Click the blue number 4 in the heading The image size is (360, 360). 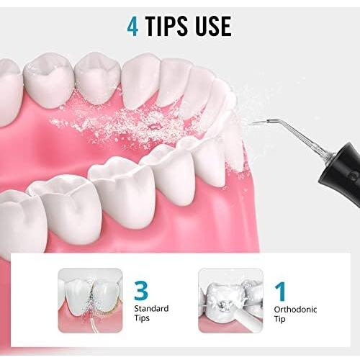click(x=132, y=27)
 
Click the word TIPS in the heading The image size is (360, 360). click(x=166, y=27)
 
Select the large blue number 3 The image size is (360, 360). click(x=141, y=291)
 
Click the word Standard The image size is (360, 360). click(x=151, y=308)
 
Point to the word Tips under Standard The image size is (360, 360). click(x=142, y=318)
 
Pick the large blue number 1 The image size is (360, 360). click(x=281, y=292)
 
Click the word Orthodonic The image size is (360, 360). click(x=295, y=310)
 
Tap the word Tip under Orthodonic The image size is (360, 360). click(x=279, y=320)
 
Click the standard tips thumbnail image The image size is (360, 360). click(x=90, y=300)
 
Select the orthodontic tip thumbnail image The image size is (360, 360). click(x=230, y=300)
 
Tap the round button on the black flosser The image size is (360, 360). click(x=353, y=177)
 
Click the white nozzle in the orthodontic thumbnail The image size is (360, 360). click(x=243, y=317)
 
